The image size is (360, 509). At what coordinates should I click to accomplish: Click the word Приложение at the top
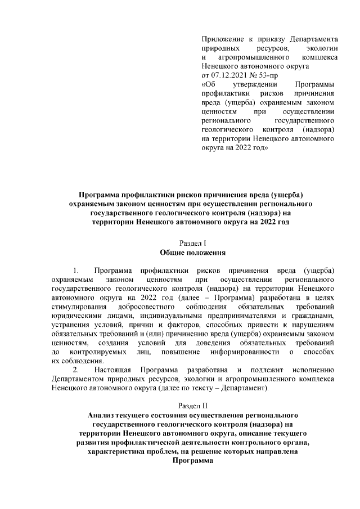pos(222,39)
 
